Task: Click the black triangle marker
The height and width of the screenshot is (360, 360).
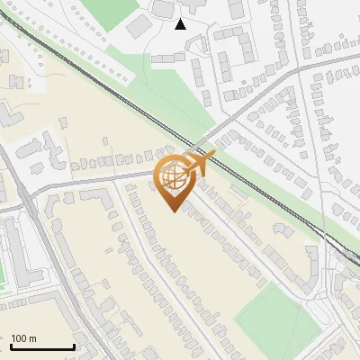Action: tap(180, 24)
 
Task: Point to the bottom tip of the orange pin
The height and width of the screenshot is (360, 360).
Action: tap(174, 211)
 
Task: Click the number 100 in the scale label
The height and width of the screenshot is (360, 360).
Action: tap(20, 338)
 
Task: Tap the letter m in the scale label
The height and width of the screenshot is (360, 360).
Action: tap(33, 338)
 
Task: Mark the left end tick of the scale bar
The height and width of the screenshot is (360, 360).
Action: tap(11, 346)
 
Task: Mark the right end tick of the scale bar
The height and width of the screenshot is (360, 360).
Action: tap(74, 346)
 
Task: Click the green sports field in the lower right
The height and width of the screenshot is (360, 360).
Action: tap(270, 315)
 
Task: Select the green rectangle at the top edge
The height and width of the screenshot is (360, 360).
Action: tap(112, 11)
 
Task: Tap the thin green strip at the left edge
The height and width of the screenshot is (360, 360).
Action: tap(2, 270)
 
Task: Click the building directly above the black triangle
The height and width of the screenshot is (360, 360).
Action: tap(164, 8)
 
